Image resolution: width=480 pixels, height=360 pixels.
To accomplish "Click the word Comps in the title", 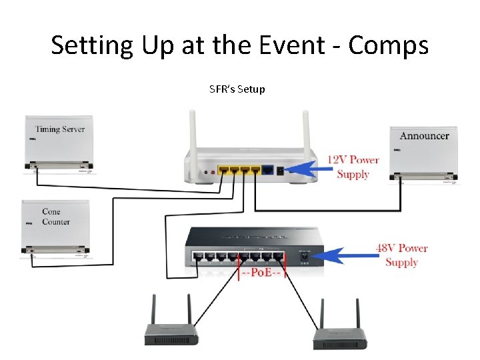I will coord(389,45).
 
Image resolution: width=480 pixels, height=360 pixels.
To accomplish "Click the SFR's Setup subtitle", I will coord(237,89).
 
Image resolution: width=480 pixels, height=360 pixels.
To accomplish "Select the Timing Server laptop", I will coord(59,143).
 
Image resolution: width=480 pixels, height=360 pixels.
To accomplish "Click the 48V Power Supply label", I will coord(401,255).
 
